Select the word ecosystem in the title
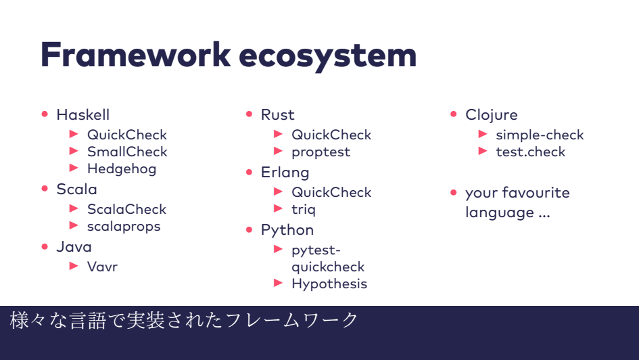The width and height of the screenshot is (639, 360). (327, 55)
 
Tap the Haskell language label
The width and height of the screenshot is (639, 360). (82, 114)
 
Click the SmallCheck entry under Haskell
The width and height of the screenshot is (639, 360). (127, 152)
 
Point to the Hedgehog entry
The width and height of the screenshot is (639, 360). (122, 168)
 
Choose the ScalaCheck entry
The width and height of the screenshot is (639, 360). (126, 209)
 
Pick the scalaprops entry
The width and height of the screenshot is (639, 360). (124, 226)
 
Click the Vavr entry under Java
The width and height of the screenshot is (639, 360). (102, 267)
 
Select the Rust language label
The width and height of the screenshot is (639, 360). (277, 114)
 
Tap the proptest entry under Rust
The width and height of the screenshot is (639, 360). (321, 152)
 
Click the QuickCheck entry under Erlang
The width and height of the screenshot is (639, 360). (331, 192)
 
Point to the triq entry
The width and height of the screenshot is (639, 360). (304, 209)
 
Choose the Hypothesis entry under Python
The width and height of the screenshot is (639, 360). (329, 284)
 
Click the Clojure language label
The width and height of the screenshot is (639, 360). (491, 114)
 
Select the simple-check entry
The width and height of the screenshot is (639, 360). (540, 135)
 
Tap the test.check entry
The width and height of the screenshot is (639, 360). (530, 152)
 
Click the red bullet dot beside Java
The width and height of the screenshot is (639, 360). (45, 246)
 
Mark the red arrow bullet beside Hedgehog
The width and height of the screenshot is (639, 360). (74, 168)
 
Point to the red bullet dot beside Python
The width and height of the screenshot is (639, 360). (250, 229)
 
